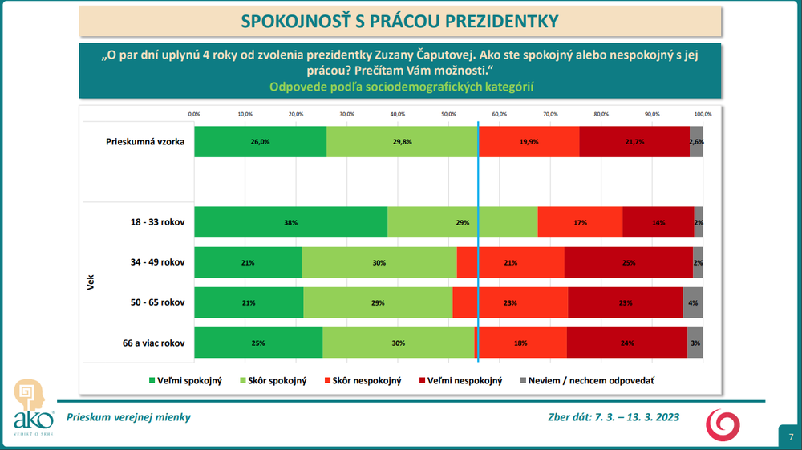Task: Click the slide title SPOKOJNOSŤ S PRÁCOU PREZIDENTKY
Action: tap(400, 20)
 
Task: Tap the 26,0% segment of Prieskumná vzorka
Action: tap(260, 142)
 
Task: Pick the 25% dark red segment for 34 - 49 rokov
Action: tap(628, 262)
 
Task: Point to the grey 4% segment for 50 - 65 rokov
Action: tap(693, 302)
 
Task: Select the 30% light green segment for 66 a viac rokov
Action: tap(399, 343)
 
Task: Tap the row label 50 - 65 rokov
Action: tap(158, 302)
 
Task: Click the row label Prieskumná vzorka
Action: tap(145, 142)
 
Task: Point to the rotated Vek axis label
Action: tap(91, 282)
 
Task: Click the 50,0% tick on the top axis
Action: tap(448, 114)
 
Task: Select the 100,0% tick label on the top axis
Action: tap(703, 114)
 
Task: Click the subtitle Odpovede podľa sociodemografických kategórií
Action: tap(401, 87)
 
